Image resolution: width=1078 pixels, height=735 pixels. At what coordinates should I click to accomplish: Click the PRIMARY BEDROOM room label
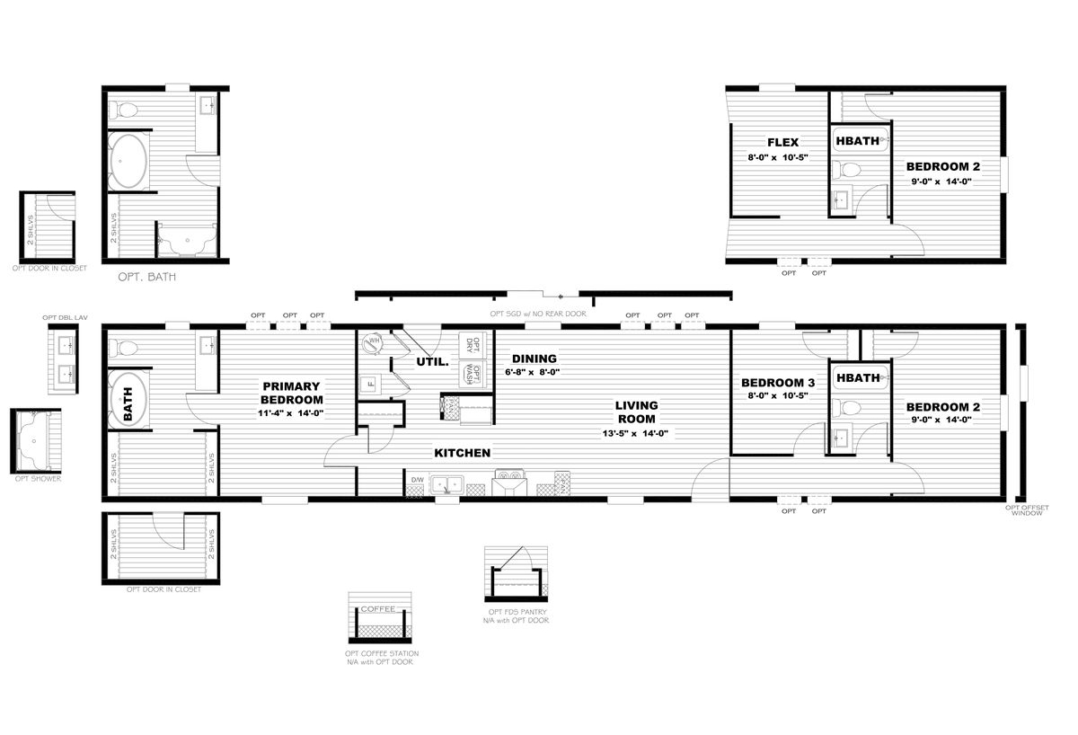click(291, 393)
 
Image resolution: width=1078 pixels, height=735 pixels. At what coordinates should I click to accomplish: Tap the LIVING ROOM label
click(636, 412)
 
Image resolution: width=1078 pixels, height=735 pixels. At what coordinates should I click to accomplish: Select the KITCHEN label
click(463, 453)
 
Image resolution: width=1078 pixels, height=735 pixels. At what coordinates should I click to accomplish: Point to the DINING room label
click(535, 359)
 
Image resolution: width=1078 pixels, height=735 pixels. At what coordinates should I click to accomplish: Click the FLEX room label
click(782, 142)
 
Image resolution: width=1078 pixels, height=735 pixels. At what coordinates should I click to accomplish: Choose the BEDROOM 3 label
click(778, 382)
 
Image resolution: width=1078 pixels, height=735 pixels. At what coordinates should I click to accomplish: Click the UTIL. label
click(431, 362)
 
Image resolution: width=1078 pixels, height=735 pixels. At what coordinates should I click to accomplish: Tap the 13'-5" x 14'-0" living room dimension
click(636, 433)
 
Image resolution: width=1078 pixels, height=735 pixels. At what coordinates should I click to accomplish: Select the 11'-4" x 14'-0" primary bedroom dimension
click(291, 413)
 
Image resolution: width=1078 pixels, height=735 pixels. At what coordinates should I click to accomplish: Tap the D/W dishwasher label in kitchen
click(417, 481)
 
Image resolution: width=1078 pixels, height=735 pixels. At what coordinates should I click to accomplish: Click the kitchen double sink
click(446, 486)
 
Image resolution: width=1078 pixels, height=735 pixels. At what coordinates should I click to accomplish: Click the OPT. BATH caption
click(146, 278)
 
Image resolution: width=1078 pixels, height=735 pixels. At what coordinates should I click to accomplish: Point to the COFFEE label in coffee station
click(377, 609)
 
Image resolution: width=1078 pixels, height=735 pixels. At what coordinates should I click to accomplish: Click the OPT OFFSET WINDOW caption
click(1024, 510)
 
